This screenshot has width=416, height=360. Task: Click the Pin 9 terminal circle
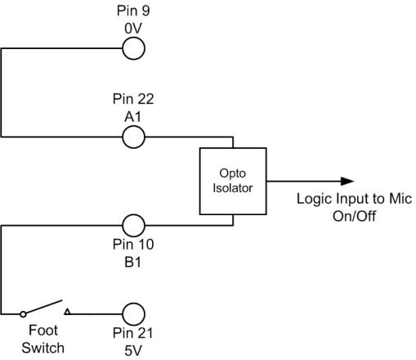click(x=133, y=49)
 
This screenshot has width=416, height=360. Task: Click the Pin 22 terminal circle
click(x=133, y=136)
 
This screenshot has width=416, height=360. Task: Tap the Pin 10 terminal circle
click(x=133, y=225)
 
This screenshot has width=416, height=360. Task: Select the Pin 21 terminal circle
click(x=133, y=313)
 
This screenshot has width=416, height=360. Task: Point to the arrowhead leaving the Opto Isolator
click(x=348, y=181)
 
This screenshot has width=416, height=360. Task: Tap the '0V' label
click(x=132, y=28)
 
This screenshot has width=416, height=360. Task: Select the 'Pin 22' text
click(x=132, y=99)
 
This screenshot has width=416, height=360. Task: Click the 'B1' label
click(x=132, y=260)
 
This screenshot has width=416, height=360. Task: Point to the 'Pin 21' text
click(x=132, y=334)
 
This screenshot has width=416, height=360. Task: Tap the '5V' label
click(x=132, y=349)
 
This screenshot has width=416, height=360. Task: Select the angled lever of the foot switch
click(x=42, y=307)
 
